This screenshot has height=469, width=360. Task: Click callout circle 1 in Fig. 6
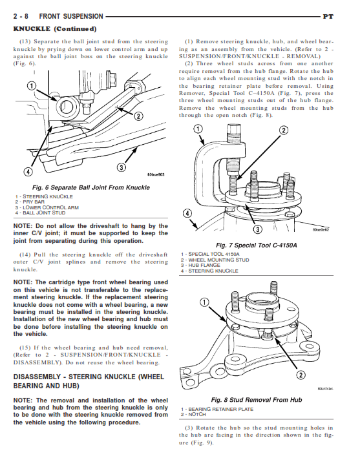tap(31, 86)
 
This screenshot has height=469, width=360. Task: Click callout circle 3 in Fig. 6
tap(122, 167)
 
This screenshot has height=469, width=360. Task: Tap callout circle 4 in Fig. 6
tap(28, 172)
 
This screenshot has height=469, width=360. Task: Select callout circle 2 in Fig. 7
tap(283, 130)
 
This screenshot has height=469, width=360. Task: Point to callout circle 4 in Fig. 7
tap(187, 213)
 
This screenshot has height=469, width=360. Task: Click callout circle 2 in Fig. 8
tap(301, 375)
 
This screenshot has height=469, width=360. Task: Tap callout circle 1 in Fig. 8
tap(204, 303)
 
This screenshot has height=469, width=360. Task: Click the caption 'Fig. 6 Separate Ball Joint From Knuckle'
tap(91, 187)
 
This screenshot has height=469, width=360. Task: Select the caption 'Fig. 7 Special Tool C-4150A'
tap(257, 245)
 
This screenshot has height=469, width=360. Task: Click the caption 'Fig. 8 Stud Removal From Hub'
tap(257, 400)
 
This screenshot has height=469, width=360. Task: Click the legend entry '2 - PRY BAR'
tap(30, 202)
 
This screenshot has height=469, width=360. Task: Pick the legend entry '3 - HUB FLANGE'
tap(200, 266)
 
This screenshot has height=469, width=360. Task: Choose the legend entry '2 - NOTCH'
tap(193, 415)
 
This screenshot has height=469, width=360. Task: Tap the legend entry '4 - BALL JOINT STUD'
tap(40, 213)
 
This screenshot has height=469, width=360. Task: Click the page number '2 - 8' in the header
tap(21, 16)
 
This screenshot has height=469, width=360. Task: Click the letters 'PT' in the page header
tap(328, 17)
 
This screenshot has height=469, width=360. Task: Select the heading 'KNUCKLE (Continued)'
tap(55, 29)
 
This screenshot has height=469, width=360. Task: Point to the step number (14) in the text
tap(25, 255)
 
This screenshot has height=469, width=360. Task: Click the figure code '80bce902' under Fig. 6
tap(156, 174)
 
